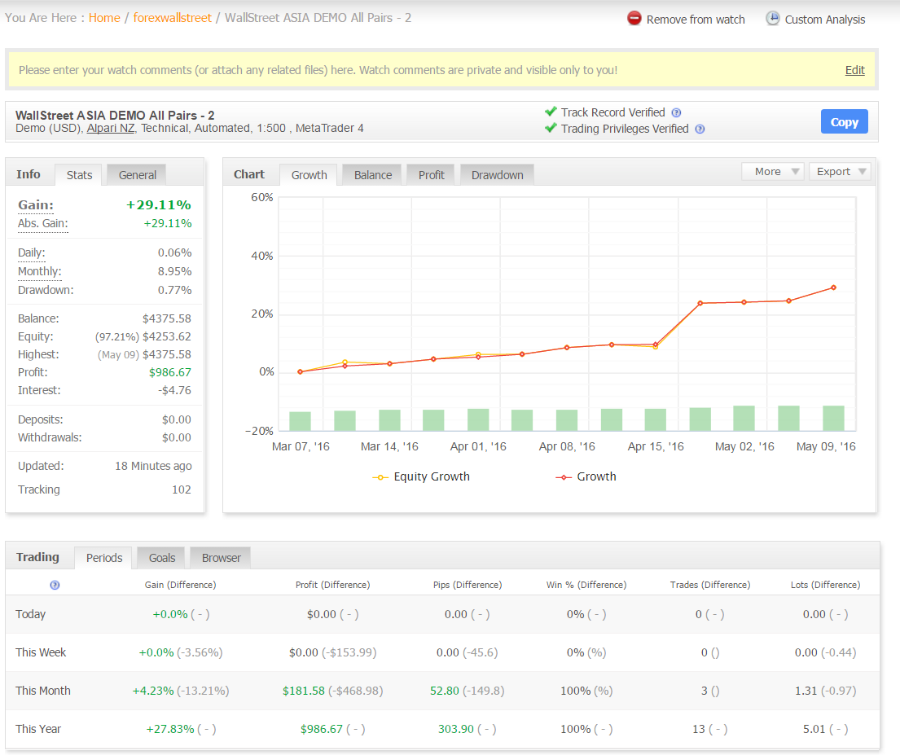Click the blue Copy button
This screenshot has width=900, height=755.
(844, 121)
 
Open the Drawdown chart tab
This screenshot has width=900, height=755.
(497, 175)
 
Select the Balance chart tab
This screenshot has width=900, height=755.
(373, 175)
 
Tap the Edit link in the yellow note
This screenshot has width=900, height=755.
(854, 70)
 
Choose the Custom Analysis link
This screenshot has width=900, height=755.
(815, 19)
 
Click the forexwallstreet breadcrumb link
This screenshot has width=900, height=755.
(172, 18)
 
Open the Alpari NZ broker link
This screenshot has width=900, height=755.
(110, 128)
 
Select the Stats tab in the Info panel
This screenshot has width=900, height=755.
(79, 175)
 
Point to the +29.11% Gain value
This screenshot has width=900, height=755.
(159, 205)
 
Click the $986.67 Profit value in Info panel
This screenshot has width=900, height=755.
(170, 372)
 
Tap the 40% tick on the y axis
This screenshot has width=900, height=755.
(262, 256)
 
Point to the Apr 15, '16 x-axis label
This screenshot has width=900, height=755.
(656, 446)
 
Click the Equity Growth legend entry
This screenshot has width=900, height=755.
(421, 476)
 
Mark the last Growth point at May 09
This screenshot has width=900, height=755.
(833, 288)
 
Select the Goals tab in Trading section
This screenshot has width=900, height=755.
(162, 558)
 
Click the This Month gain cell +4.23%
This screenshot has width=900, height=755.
(153, 691)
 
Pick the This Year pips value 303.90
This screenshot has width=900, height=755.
(456, 729)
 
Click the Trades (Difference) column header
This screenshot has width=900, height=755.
(710, 585)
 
